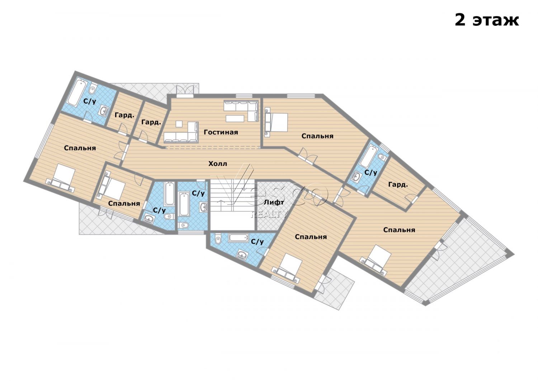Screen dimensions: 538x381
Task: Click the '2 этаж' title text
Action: [x=487, y=20]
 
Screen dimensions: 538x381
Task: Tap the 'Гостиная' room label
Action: [x=221, y=132]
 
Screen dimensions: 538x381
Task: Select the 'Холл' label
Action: [x=218, y=164]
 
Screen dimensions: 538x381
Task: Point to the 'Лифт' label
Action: [x=274, y=202]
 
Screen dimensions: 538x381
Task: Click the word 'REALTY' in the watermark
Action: [x=269, y=214]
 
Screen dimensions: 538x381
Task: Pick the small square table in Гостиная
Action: [x=179, y=124]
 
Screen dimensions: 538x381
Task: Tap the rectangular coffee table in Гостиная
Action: [x=235, y=118]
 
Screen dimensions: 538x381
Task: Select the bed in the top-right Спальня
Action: [x=277, y=122]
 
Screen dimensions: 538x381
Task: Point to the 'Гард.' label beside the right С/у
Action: [x=398, y=185]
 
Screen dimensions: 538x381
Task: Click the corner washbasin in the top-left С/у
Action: [x=104, y=111]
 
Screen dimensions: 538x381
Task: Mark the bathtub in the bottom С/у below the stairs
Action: [x=238, y=238]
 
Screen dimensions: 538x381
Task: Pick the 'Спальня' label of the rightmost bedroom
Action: [x=399, y=230]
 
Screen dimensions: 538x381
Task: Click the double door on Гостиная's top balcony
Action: [x=185, y=91]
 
